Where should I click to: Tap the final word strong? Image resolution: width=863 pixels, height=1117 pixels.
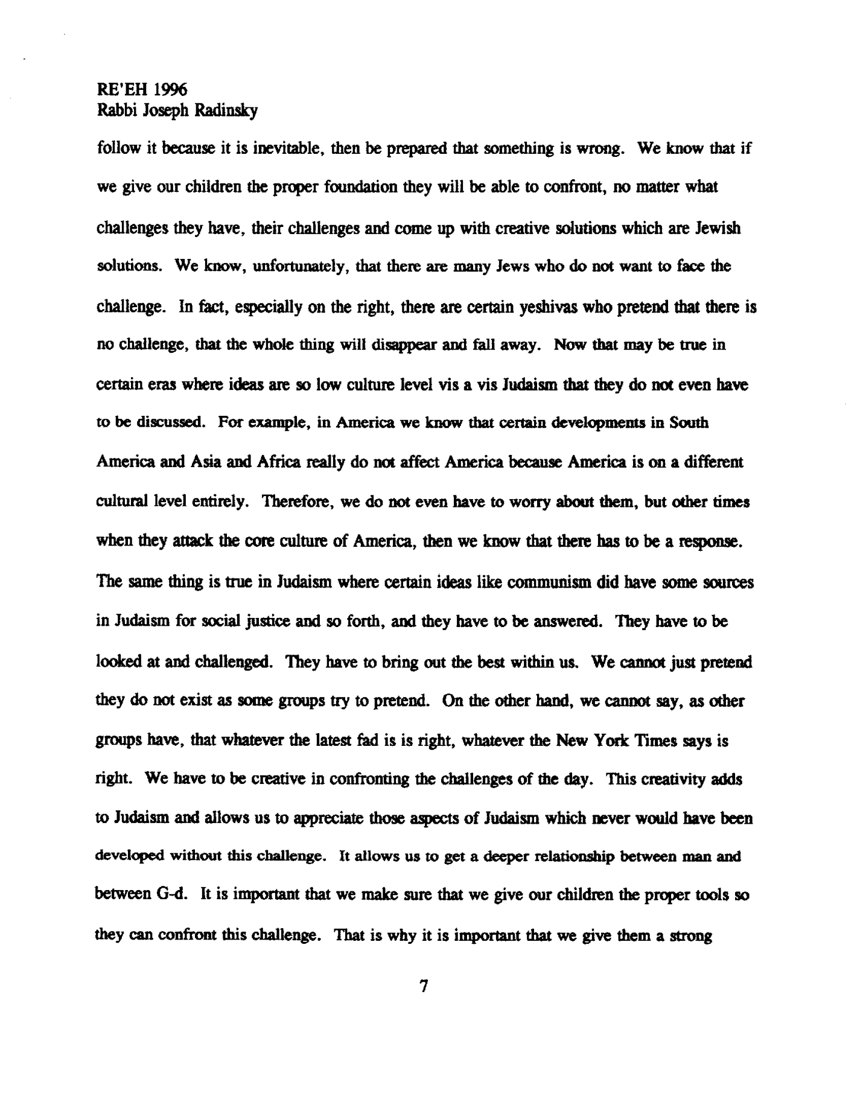(692, 937)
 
